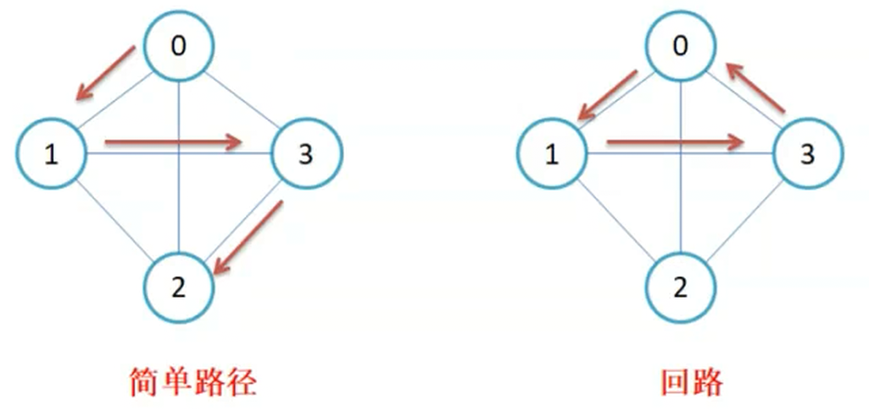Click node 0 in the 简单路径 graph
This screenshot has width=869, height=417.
tap(178, 47)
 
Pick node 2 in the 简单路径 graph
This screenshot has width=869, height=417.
tap(179, 288)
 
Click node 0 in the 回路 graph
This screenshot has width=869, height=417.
tap(681, 47)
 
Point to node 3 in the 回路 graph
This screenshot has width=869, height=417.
tap(807, 154)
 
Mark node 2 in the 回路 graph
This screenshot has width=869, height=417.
tap(681, 288)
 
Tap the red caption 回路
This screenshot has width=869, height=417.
tap(693, 382)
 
